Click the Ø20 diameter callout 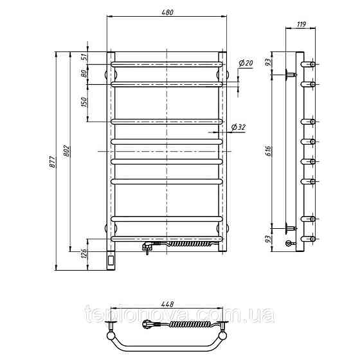tap(246, 62)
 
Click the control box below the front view tap(112, 260)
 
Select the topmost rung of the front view tap(167, 64)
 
